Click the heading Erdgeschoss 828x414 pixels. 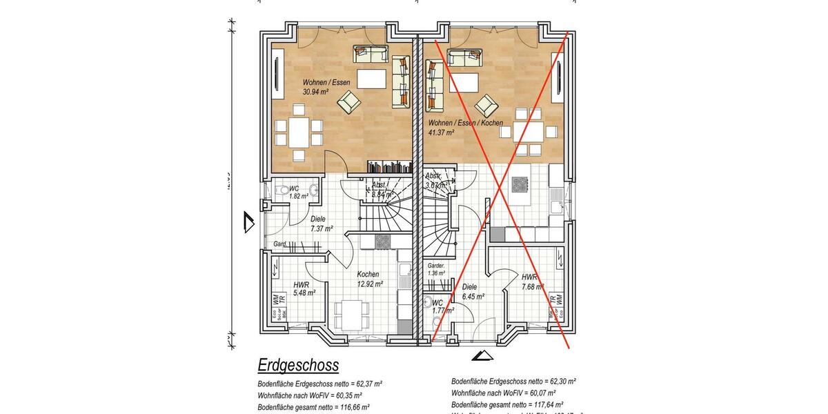(x=298, y=365)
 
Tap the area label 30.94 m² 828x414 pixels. (x=315, y=91)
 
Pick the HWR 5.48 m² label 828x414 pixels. (x=304, y=288)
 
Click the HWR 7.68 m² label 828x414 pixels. (x=533, y=282)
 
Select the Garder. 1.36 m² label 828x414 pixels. (x=436, y=269)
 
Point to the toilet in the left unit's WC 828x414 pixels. (x=279, y=190)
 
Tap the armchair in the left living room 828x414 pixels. (x=348, y=103)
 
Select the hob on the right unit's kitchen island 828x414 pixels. (x=520, y=184)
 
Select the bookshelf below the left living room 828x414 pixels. (x=389, y=167)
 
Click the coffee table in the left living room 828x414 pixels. (x=371, y=79)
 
